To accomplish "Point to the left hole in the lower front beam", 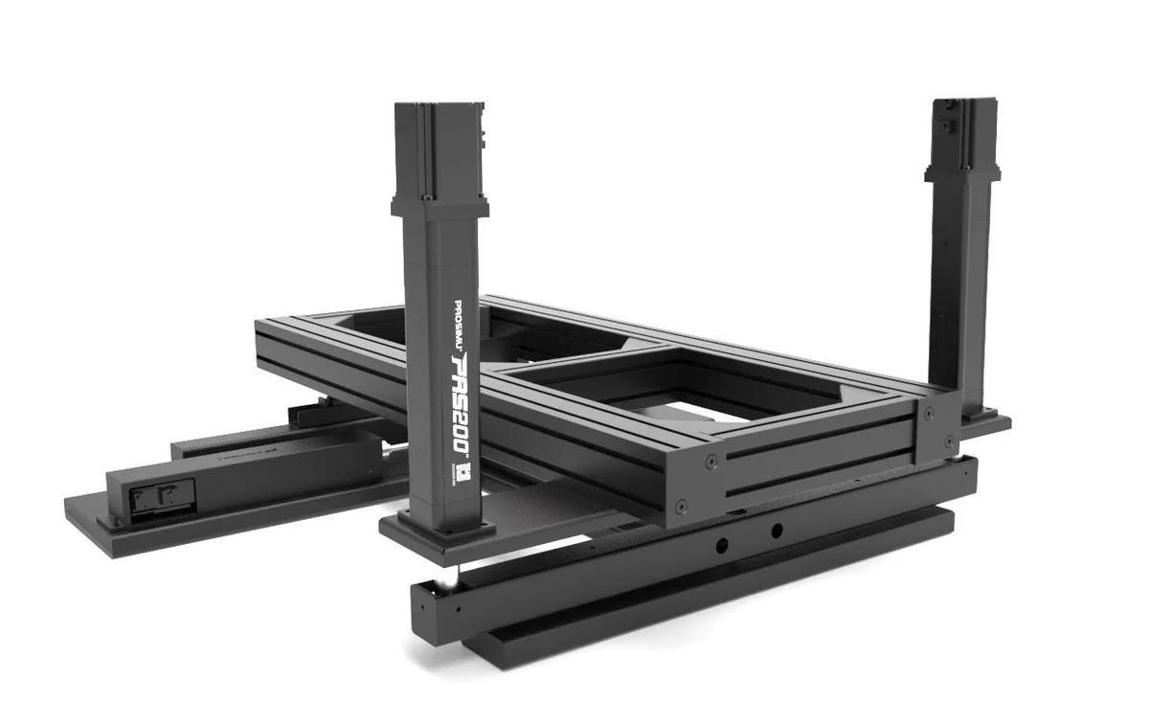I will (721, 543).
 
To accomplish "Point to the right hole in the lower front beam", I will (777, 530).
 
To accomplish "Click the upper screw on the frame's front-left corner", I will (711, 462).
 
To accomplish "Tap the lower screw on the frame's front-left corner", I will (681, 507).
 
